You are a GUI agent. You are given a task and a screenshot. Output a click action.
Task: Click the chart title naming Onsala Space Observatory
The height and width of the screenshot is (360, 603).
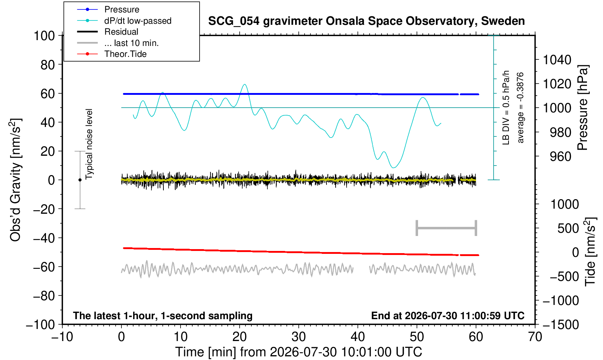tap(366, 21)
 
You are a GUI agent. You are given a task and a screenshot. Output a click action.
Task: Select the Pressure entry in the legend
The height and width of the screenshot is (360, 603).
tap(122, 10)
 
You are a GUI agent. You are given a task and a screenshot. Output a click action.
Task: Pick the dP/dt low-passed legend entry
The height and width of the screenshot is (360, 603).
tap(138, 21)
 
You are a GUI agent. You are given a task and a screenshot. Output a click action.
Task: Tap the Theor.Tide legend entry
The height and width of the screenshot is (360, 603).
tap(125, 54)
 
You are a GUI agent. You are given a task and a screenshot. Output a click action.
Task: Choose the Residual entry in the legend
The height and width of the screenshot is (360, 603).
tap(121, 32)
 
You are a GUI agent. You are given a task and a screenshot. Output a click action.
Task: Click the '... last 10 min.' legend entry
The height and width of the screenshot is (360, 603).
tap(131, 43)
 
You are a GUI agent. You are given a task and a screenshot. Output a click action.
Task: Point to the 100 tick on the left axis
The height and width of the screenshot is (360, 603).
tap(44, 36)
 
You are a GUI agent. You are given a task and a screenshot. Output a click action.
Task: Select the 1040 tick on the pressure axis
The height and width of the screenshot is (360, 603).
tap(557, 60)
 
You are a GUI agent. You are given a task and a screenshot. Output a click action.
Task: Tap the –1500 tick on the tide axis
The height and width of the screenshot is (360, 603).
tap(561, 325)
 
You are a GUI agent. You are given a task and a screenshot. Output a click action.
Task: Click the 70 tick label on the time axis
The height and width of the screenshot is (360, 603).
tap(535, 337)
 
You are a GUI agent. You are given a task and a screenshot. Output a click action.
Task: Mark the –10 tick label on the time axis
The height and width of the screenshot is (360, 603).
tap(62, 337)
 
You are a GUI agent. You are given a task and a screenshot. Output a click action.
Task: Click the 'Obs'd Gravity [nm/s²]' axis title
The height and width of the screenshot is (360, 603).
tap(15, 180)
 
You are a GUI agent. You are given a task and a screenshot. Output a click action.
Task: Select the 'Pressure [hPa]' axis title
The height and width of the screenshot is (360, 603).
tap(583, 108)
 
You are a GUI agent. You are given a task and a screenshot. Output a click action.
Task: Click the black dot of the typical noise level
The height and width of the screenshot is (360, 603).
tap(80, 180)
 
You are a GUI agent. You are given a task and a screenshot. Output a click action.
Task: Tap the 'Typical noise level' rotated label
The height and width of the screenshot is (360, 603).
tap(89, 144)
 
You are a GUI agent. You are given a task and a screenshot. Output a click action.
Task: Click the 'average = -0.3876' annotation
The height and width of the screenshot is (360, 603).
tap(521, 108)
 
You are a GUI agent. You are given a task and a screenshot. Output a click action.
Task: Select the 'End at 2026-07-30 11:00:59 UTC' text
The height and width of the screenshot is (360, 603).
tap(448, 316)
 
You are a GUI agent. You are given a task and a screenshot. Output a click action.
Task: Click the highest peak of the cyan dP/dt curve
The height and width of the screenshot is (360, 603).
tap(245, 84)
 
